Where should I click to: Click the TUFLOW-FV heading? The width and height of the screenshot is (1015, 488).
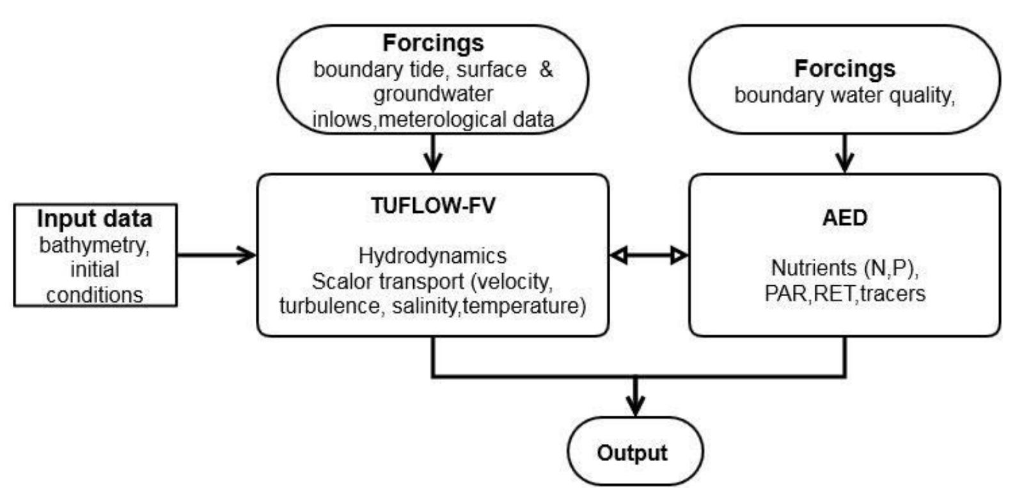coord(433,205)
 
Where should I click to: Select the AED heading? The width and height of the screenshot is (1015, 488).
coord(845,217)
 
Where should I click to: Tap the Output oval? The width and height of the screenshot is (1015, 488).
coord(634,452)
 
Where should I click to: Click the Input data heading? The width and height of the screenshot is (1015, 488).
coord(95,219)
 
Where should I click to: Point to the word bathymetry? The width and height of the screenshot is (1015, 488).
coord(95,245)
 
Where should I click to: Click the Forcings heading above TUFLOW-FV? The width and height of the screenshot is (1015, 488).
coord(433,43)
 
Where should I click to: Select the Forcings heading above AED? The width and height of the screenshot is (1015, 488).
coord(845,68)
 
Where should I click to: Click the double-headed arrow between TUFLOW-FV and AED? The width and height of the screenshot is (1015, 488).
coord(649,256)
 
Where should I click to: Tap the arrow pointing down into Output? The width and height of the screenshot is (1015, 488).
coord(634,397)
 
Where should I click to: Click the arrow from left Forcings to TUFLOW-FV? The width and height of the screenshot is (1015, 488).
coord(433,153)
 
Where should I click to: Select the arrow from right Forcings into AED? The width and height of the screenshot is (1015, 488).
coord(845,153)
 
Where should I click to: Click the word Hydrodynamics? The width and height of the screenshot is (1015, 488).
coord(432,256)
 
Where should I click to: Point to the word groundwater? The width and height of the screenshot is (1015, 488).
coord(433,94)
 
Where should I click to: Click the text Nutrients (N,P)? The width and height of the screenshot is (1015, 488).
coord(845,267)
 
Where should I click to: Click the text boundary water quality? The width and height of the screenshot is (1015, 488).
coord(844,95)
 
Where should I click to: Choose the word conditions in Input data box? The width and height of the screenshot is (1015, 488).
coord(95,295)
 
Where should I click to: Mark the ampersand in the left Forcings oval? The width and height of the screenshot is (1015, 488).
coord(546,69)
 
